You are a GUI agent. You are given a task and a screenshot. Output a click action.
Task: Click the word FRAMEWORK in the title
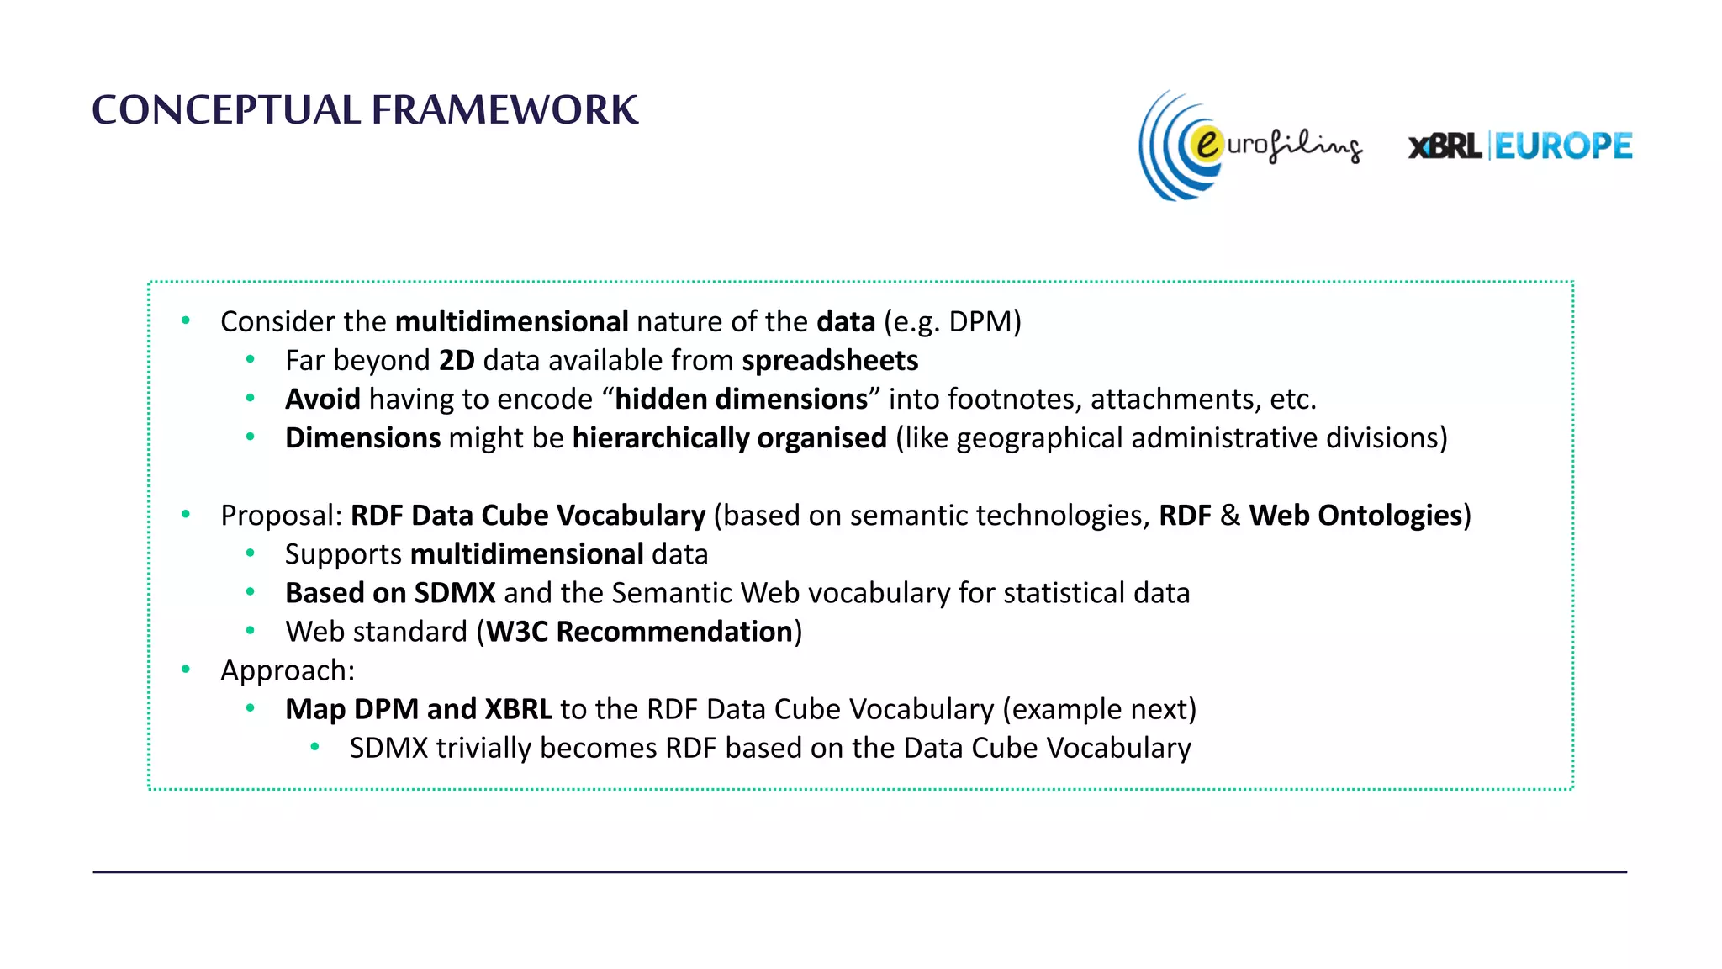click(x=504, y=110)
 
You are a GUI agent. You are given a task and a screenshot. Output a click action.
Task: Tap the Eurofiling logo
click(x=1249, y=146)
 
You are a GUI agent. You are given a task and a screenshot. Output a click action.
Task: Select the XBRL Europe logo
click(x=1520, y=146)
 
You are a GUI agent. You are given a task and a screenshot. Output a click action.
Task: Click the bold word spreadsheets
click(x=830, y=361)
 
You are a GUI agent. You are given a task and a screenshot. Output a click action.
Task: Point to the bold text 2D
click(x=457, y=361)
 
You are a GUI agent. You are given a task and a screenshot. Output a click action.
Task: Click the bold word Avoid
click(x=322, y=400)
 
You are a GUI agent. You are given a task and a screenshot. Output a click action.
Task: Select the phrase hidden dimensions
click(x=741, y=400)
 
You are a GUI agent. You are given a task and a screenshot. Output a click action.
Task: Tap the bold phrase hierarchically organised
click(x=729, y=438)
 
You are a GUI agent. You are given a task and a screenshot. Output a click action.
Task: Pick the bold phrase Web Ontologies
click(x=1355, y=516)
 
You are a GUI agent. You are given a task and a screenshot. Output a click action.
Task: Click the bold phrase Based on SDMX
click(x=390, y=593)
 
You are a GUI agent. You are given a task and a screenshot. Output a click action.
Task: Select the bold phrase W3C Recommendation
click(x=639, y=632)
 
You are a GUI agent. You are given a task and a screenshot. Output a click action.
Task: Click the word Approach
click(x=287, y=670)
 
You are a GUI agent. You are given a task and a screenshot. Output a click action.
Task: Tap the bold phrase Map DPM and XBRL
click(x=419, y=709)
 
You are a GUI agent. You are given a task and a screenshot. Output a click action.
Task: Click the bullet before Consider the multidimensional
click(x=186, y=320)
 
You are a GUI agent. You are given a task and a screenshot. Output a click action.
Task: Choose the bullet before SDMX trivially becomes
click(x=314, y=747)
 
